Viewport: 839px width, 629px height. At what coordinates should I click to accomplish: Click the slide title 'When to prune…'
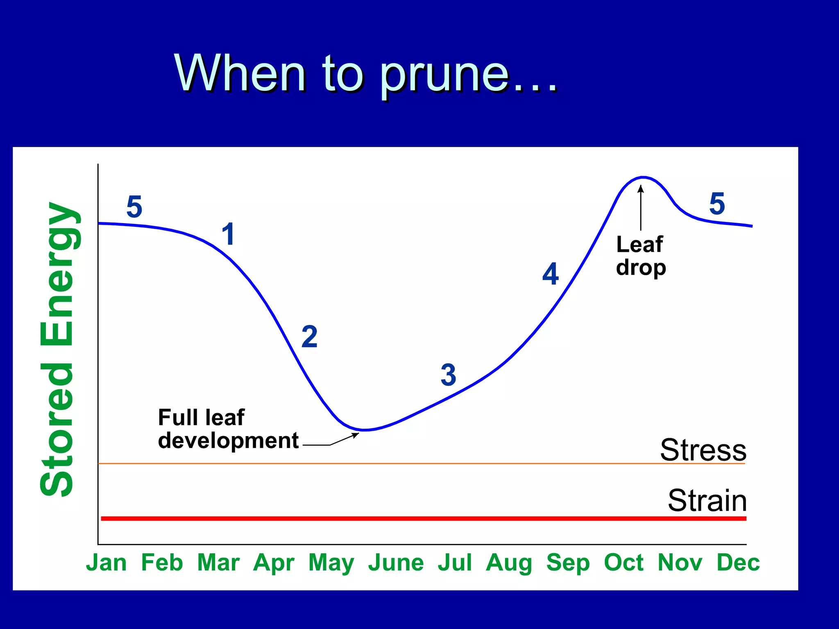point(366,74)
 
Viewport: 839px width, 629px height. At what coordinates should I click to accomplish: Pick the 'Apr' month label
point(274,563)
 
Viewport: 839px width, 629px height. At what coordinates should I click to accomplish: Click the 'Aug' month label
point(509,563)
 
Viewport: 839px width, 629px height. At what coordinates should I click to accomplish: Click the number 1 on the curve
point(228,234)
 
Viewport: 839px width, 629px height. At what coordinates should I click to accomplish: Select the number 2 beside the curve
point(309,337)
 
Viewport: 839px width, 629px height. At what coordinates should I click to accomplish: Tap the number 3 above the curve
point(448,375)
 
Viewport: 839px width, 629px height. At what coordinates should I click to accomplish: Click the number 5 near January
point(134,206)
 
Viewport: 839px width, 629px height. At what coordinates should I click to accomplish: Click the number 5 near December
point(717,204)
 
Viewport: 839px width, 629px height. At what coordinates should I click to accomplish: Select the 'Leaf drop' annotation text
point(641,256)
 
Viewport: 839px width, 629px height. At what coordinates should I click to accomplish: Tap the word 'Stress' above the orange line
point(703,450)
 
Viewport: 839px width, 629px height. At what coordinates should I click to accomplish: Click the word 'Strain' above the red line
point(707,500)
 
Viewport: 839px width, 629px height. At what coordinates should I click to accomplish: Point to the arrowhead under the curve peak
point(641,189)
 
